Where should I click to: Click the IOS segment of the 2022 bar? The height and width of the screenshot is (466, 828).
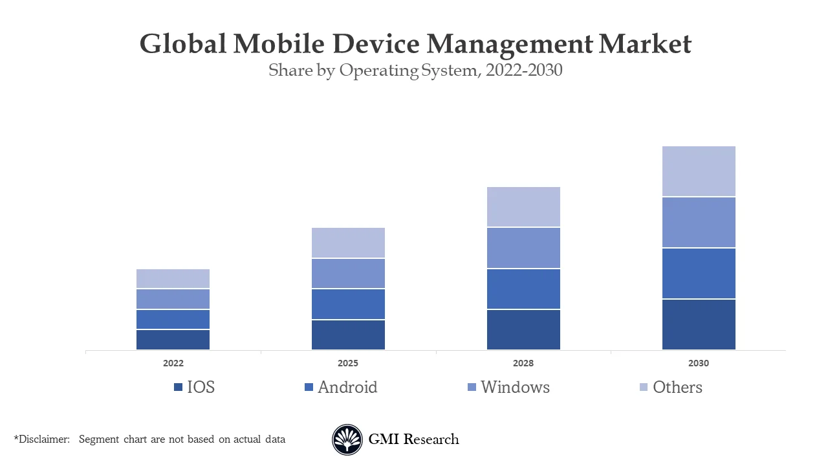pos(173,340)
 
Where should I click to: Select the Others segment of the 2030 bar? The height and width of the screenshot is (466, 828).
pos(699,171)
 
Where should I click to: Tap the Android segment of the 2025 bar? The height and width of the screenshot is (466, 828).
pos(348,304)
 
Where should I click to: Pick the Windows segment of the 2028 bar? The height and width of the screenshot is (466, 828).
pos(523,248)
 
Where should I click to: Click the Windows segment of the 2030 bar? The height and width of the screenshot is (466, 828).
pos(699,222)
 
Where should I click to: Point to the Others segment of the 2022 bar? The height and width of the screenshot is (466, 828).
pos(173,278)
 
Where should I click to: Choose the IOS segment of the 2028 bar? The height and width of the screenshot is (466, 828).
pos(523,329)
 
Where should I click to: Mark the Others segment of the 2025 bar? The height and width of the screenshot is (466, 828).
pos(348,243)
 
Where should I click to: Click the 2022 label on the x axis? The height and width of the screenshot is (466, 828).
pos(173,363)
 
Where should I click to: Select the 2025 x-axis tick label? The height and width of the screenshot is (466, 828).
pos(348,363)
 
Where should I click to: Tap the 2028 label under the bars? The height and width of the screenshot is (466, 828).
pos(523,363)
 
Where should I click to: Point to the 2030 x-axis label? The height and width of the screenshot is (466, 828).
pos(699,363)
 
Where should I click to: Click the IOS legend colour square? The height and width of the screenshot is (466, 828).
pos(179,387)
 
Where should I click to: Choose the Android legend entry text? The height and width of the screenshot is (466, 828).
pos(347,387)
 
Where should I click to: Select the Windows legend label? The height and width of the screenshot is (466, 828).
pos(515,387)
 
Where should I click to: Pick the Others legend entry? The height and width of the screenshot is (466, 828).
pos(677,387)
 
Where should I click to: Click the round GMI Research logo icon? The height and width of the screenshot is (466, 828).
pos(347,439)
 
